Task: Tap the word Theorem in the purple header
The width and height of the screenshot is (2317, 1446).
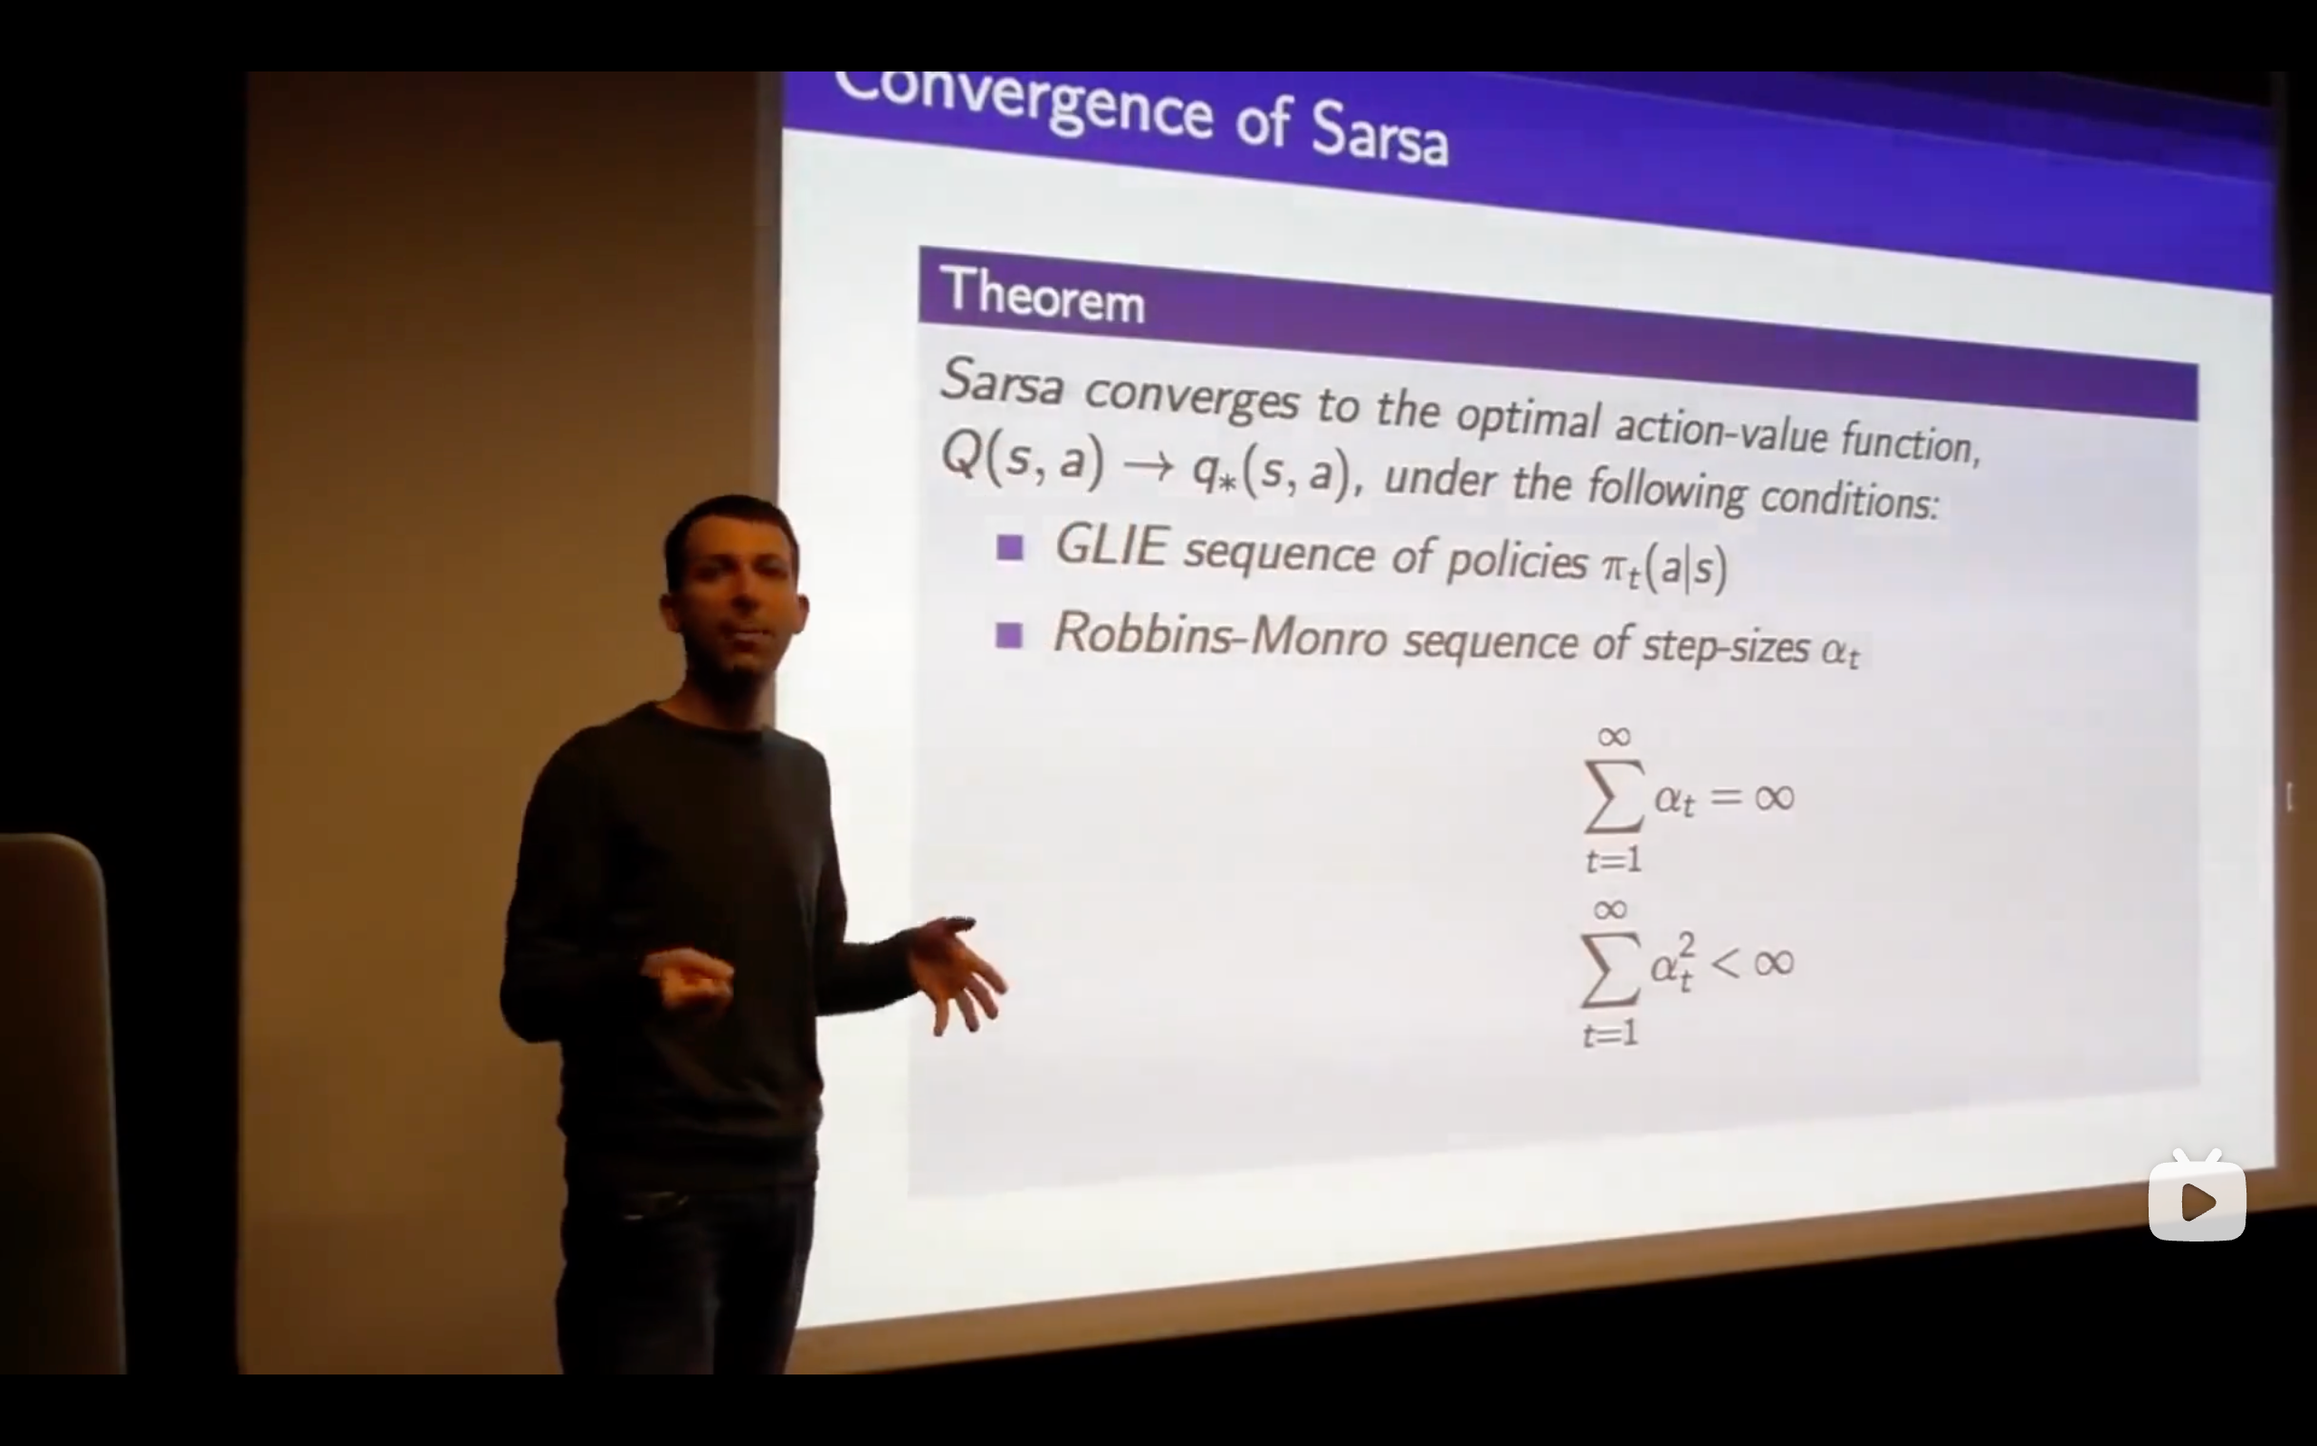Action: coord(1043,295)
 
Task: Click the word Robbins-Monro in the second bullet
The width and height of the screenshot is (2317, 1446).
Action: coord(1220,634)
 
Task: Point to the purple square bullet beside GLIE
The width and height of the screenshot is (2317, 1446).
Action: coord(1010,548)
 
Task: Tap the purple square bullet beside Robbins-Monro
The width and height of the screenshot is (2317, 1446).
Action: coord(1009,635)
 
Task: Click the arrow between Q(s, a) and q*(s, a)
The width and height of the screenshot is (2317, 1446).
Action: coord(1148,466)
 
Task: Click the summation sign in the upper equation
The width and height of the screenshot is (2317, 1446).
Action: coord(1615,795)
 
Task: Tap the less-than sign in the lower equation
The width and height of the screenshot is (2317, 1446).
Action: coord(1724,963)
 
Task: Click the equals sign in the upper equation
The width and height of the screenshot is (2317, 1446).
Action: coord(1727,795)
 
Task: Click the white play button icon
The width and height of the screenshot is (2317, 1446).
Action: coord(2197,1201)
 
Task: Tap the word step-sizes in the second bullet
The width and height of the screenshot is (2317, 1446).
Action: coord(1726,646)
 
